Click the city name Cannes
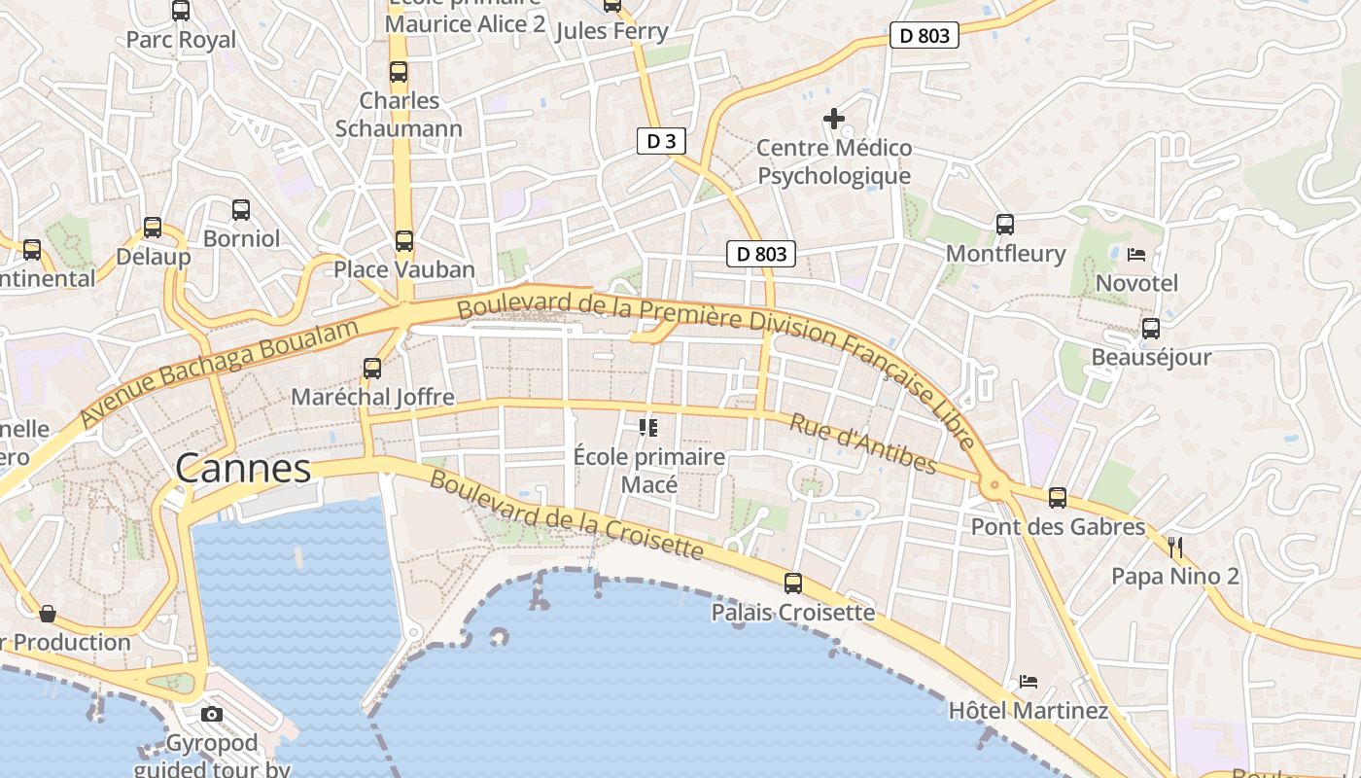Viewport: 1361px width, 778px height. point(243,469)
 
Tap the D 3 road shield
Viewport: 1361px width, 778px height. point(661,141)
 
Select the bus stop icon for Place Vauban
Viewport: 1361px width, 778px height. point(403,240)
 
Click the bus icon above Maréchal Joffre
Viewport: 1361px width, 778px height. point(372,369)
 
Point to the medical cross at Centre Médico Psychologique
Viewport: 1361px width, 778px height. point(834,119)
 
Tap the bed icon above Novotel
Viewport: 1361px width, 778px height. point(1135,255)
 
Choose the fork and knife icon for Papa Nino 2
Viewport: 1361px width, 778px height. point(1175,548)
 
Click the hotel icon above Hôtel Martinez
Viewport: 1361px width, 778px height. point(1029,681)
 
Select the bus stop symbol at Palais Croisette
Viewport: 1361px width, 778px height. point(793,583)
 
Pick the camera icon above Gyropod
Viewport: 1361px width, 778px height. point(211,715)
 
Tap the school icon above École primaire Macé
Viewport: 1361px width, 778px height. point(648,427)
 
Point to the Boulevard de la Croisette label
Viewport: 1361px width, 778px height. point(566,515)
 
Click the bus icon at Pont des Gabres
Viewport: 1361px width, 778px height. point(1058,498)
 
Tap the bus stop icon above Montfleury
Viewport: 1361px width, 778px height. point(1005,225)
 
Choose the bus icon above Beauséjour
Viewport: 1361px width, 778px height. point(1151,329)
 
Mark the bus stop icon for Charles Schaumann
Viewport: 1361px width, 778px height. point(399,71)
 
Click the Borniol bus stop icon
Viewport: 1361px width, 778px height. point(241,209)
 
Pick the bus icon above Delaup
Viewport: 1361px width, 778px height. point(153,228)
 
